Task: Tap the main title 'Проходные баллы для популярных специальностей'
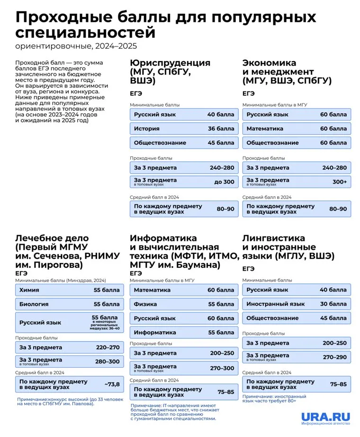pos(166,25)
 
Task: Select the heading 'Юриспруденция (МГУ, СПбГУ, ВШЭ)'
pos(170,72)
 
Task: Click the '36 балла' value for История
pos(220,128)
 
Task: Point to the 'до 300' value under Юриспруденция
pos(224,182)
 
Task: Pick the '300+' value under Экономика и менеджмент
pos(339,182)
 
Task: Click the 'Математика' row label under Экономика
pos(265,128)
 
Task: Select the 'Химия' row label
pos(29,290)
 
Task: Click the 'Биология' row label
pos(35,304)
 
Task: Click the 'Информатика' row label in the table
pos(155,332)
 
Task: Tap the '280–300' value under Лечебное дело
pos(108,362)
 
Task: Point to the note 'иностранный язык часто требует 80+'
pos(275,399)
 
